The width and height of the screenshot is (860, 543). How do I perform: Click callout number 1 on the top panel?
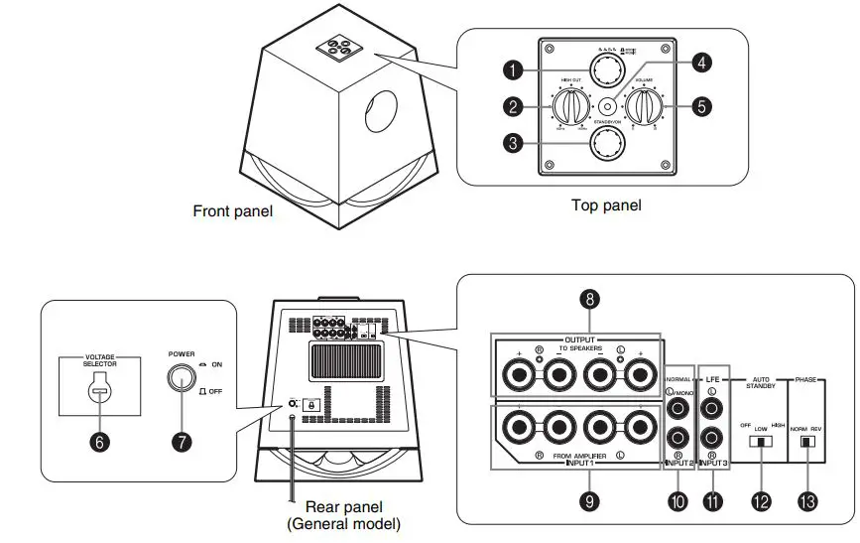click(x=511, y=69)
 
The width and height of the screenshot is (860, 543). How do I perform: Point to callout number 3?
click(x=511, y=144)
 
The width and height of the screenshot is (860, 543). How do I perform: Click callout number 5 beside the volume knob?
click(x=700, y=107)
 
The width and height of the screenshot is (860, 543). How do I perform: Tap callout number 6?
click(x=99, y=443)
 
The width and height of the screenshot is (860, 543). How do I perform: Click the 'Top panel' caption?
click(x=606, y=205)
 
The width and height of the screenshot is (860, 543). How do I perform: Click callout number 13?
click(x=808, y=502)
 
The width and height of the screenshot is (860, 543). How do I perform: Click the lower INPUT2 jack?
click(x=677, y=437)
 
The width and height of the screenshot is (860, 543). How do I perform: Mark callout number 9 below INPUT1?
click(x=589, y=502)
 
